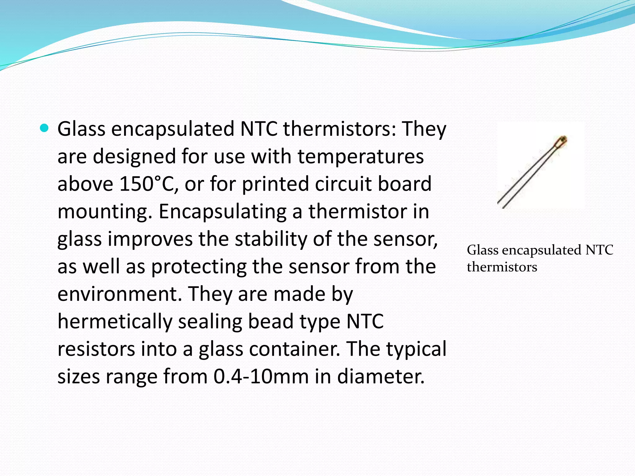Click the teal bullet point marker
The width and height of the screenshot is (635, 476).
(45, 128)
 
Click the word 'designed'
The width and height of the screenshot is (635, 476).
(135, 156)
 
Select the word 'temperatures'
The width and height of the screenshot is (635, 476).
(361, 156)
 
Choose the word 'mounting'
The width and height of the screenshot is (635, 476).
(104, 212)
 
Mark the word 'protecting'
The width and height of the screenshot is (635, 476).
(198, 267)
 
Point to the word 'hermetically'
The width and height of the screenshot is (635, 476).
(115, 321)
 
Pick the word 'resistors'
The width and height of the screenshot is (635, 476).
(96, 349)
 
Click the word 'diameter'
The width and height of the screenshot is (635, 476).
(380, 377)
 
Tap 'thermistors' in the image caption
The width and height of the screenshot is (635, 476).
(502, 267)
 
